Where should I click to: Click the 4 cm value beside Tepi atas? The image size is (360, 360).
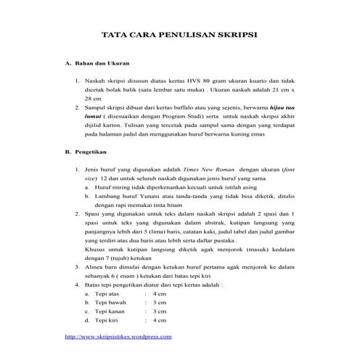coord(161,293)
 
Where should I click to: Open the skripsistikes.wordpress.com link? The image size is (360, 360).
coord(118,337)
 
